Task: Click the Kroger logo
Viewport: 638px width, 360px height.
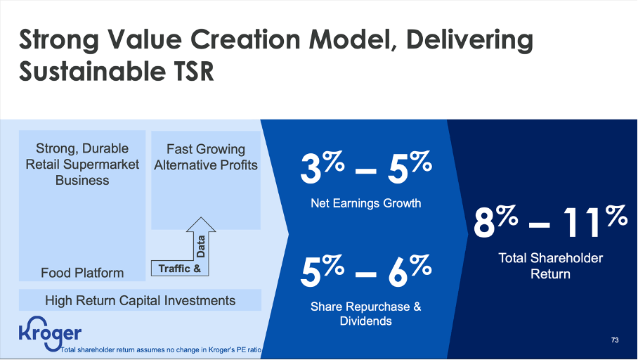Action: (50, 334)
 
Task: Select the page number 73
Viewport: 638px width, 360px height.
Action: (615, 340)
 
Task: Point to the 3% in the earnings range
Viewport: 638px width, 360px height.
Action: (323, 169)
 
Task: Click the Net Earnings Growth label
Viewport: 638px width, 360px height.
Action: (365, 203)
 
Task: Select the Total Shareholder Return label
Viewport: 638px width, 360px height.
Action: (550, 266)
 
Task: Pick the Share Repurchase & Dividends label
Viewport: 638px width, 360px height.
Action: (365, 314)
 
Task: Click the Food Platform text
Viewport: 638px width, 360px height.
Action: (82, 272)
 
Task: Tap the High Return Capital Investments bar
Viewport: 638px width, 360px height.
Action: (140, 300)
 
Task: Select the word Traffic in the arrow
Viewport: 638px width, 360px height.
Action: (174, 269)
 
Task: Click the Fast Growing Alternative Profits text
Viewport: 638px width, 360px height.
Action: (205, 157)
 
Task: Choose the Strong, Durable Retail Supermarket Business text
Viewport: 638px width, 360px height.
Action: (82, 164)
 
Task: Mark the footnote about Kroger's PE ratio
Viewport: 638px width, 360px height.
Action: (162, 349)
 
